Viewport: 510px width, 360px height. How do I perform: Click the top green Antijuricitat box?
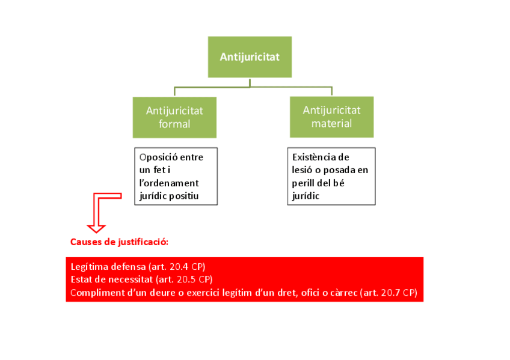(x=250, y=57)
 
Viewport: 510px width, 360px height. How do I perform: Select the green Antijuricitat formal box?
(x=174, y=117)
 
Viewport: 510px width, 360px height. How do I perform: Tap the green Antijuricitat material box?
(x=331, y=117)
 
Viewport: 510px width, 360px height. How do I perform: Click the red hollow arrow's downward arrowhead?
(x=96, y=228)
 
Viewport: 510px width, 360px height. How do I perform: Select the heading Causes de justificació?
(x=119, y=242)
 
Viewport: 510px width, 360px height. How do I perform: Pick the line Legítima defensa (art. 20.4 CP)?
(x=142, y=266)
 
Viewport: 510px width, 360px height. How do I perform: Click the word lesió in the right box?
(x=303, y=170)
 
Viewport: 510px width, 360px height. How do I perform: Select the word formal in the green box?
(x=174, y=124)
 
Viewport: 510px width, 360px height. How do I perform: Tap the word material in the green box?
(x=331, y=124)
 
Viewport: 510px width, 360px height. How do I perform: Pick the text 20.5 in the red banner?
(x=190, y=279)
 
